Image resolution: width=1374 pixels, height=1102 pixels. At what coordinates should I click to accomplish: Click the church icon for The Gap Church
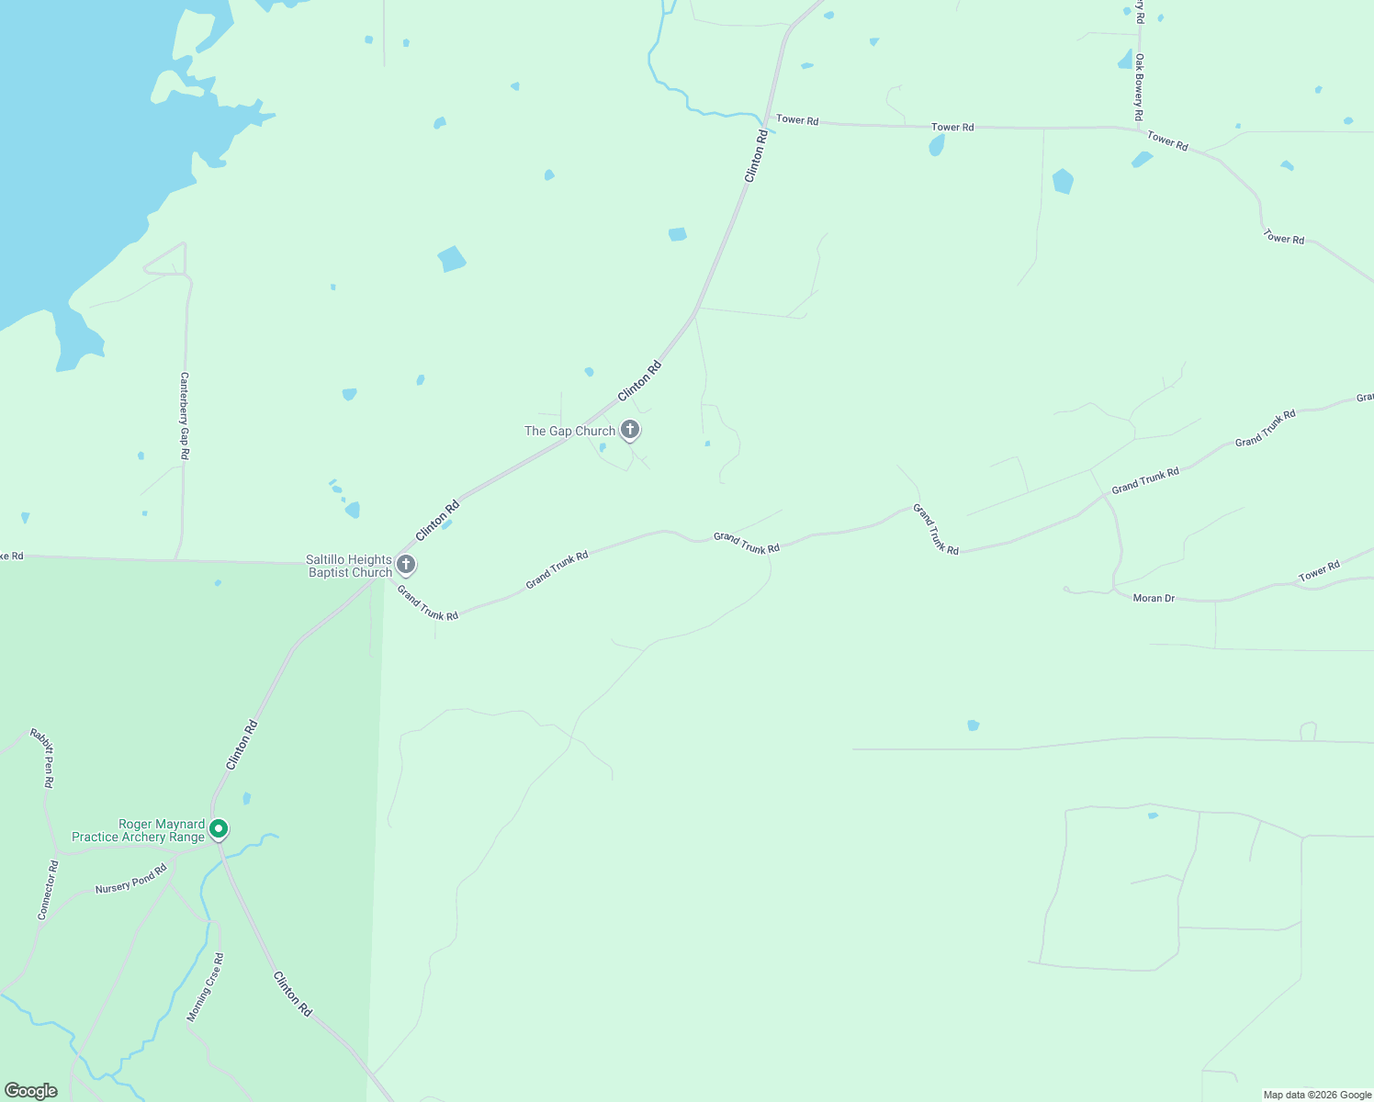tap(630, 429)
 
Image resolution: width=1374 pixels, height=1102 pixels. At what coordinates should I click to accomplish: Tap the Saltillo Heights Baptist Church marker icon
tap(406, 564)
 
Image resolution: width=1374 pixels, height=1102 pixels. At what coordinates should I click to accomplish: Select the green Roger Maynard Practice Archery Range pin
tap(219, 829)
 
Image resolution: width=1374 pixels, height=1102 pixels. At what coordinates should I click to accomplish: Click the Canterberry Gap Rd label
tap(185, 416)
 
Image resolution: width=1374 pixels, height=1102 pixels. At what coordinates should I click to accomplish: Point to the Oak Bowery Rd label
tap(1138, 87)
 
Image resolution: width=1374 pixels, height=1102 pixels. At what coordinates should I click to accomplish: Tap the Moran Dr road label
tap(1154, 598)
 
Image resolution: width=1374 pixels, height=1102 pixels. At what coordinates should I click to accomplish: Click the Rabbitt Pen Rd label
tap(42, 758)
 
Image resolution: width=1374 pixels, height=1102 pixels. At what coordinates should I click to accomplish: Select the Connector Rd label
tap(48, 890)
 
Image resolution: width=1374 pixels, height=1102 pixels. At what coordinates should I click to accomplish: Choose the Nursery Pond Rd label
tap(131, 879)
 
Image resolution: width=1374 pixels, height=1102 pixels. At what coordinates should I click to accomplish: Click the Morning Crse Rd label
tap(205, 987)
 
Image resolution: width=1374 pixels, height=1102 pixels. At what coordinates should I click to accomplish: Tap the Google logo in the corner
tap(30, 1091)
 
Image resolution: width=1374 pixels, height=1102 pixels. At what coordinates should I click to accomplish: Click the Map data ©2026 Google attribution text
tap(1317, 1095)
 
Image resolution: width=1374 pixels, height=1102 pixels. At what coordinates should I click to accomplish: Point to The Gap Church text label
tap(569, 431)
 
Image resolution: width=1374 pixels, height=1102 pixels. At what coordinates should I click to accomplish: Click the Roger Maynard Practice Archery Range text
tap(138, 830)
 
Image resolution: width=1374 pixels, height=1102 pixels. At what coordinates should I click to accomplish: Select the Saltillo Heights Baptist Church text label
tap(349, 566)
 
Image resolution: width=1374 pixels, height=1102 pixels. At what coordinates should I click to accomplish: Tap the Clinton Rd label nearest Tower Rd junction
tap(756, 156)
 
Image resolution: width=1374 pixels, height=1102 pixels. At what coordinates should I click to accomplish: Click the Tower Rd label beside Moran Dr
tap(1319, 571)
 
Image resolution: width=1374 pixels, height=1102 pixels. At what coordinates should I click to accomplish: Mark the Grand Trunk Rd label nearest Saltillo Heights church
tap(427, 602)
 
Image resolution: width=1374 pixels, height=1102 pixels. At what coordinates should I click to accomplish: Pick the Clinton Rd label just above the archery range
tap(242, 745)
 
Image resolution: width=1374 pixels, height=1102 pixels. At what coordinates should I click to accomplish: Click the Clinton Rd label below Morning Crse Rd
tap(293, 994)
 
